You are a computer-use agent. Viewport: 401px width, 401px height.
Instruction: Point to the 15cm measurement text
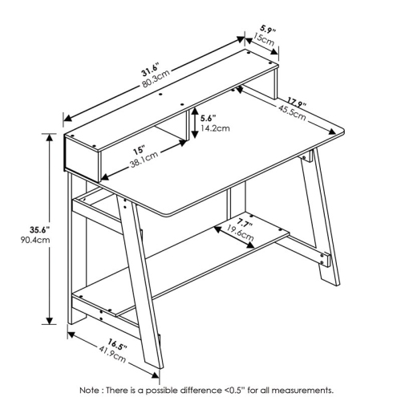click(x=265, y=37)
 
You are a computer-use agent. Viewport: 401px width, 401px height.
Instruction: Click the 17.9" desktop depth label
click(x=298, y=103)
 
